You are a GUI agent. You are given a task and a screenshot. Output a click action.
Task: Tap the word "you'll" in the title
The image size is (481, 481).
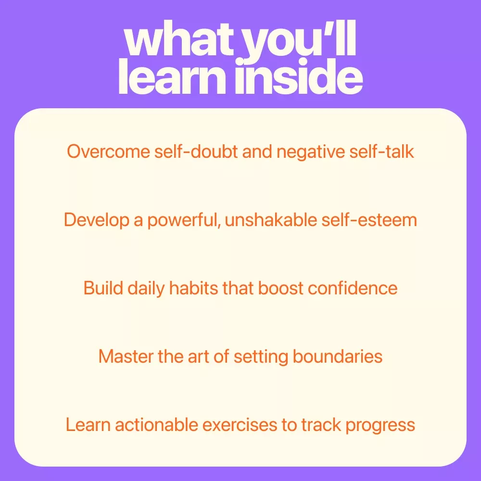300,42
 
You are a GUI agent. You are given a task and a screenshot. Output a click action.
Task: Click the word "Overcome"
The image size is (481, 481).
109,152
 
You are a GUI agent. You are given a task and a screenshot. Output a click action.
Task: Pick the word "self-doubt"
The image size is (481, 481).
196,152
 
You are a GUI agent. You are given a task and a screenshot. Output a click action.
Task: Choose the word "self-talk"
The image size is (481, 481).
381,152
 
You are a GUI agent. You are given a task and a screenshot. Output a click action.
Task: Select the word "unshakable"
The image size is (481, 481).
271,220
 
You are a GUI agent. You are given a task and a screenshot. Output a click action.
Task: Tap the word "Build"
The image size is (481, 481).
103,288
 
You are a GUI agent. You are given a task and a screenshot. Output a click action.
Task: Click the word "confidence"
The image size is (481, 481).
353,288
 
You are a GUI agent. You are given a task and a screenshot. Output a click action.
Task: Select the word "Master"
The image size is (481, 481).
126,356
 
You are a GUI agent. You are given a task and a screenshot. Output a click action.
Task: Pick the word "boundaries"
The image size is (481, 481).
338,356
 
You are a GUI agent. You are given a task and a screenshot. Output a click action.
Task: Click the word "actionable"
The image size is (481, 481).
156,425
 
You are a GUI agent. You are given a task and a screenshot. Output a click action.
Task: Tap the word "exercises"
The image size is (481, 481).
240,425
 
